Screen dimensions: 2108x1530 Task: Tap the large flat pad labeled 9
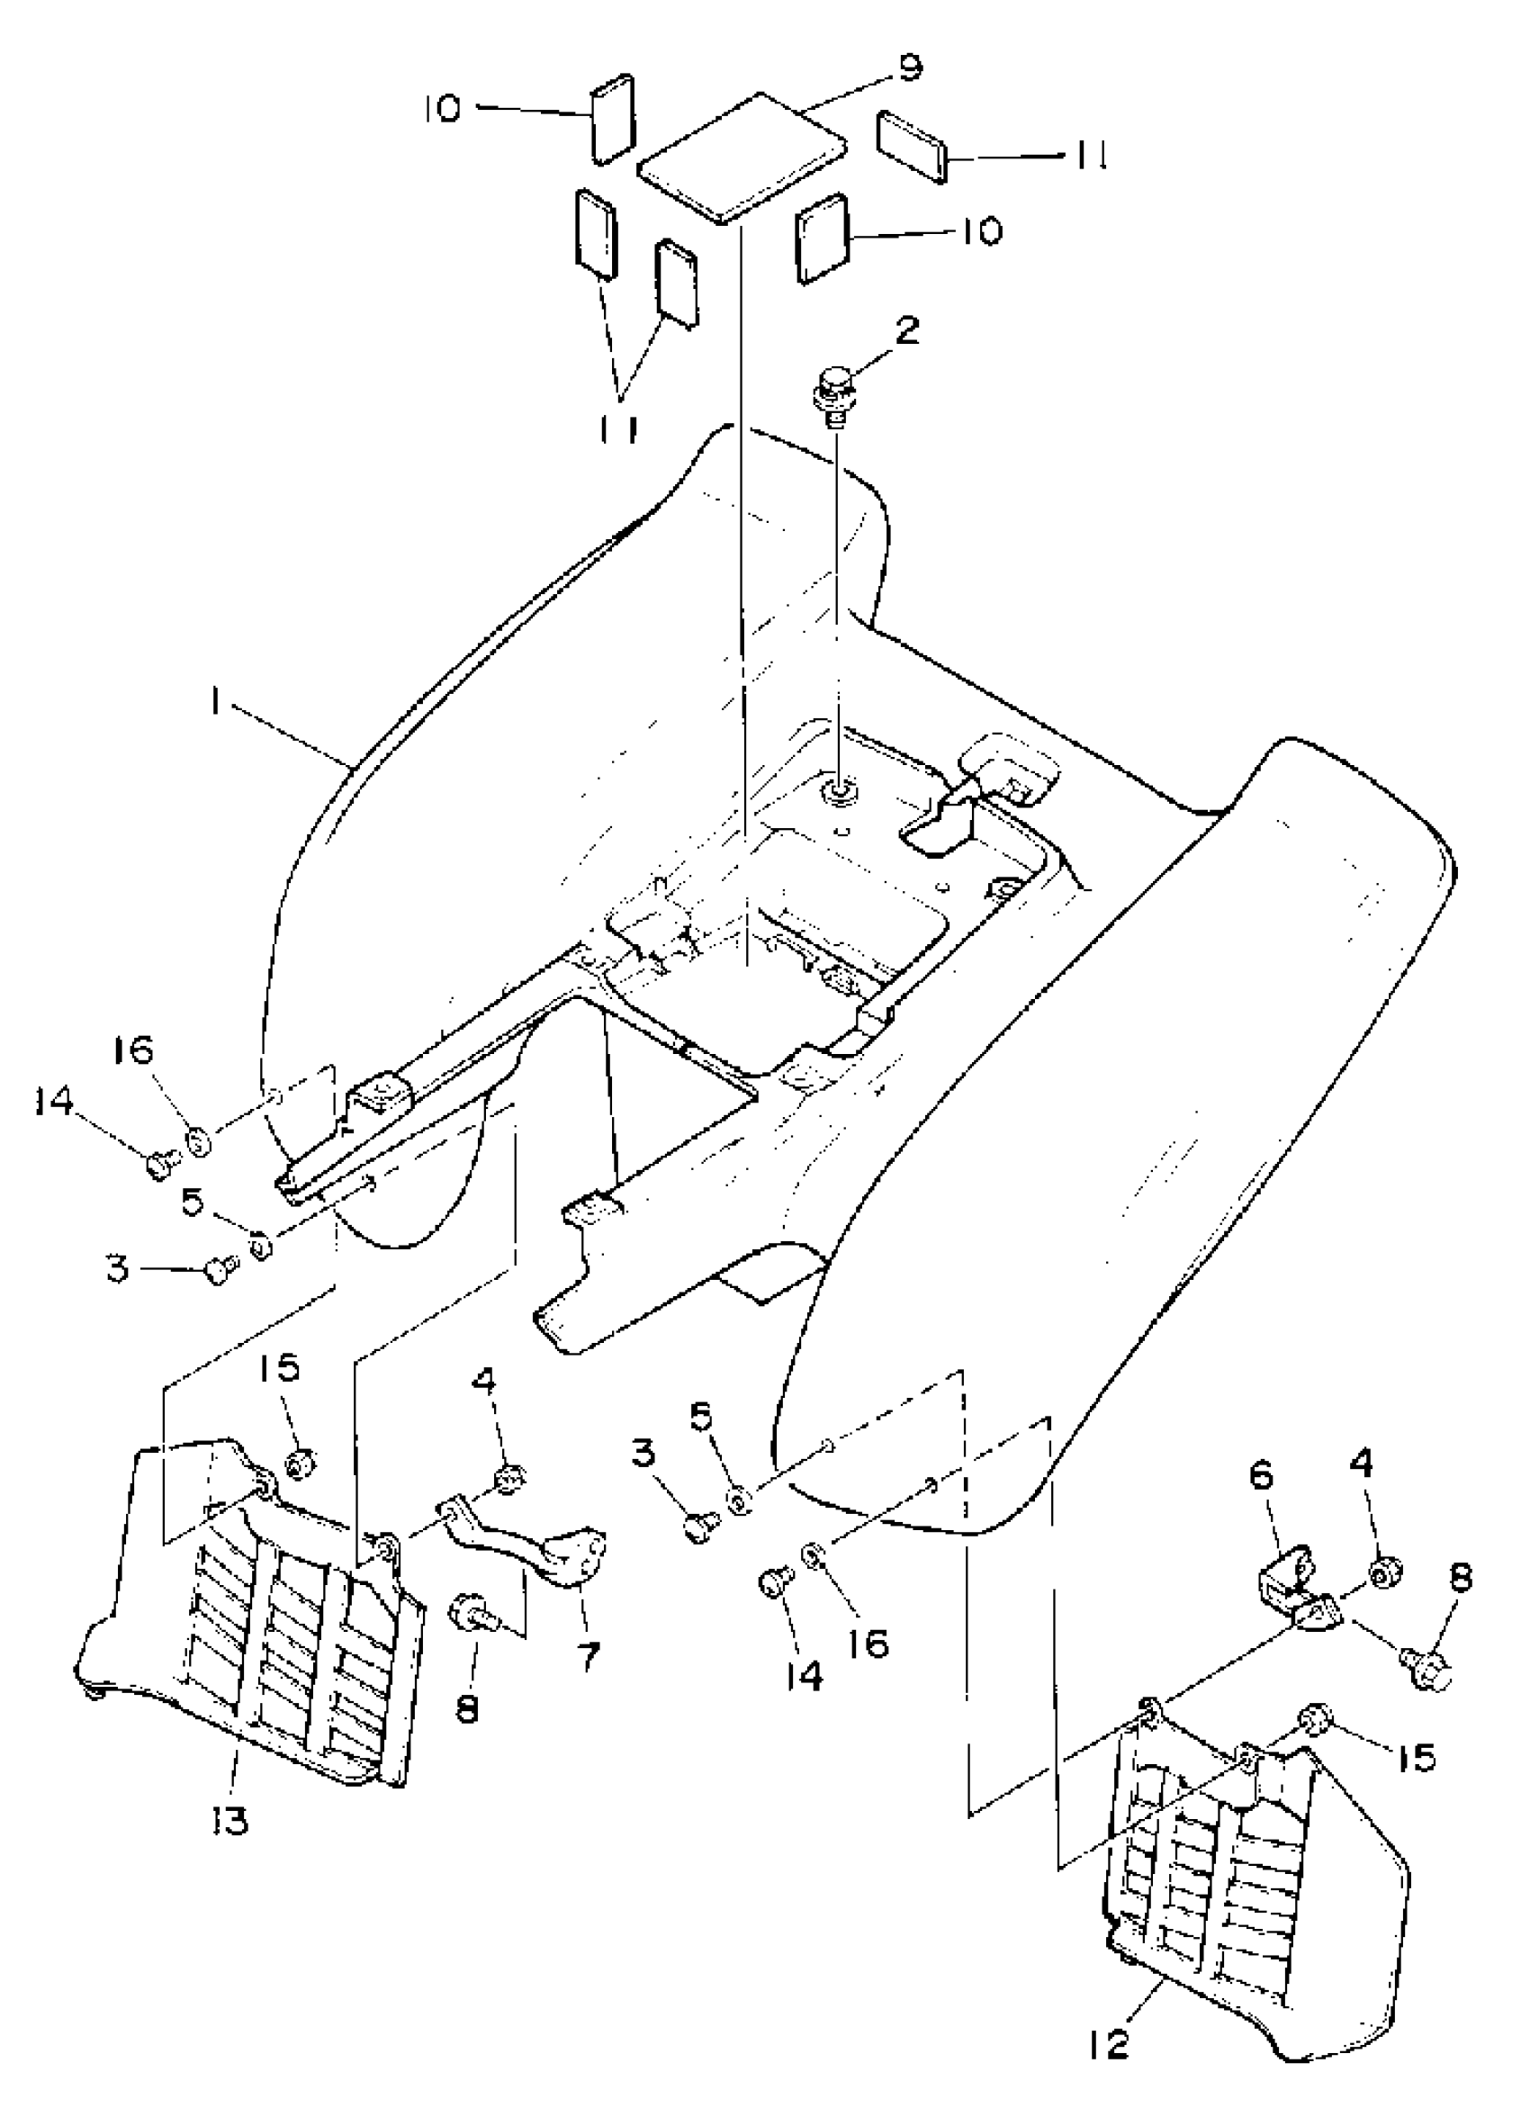tap(742, 158)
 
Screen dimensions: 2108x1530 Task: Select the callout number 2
tap(907, 329)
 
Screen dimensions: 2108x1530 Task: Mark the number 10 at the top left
tap(443, 109)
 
